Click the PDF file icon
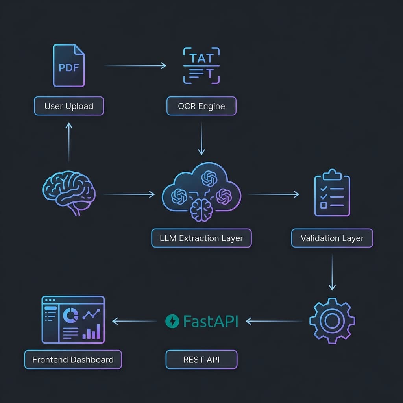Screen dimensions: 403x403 (69, 66)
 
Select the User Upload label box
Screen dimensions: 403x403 (69, 106)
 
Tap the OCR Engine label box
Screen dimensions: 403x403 (201, 106)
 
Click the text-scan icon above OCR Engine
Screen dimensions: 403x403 (201, 66)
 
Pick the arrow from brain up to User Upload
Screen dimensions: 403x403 (69, 142)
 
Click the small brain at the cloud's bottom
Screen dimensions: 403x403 (201, 209)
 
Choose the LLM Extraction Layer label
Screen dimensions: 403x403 (201, 238)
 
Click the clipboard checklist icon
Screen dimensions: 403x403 (332, 194)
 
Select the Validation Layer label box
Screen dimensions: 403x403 (332, 238)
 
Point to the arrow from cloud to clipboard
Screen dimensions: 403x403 (274, 194)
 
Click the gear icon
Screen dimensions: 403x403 (332, 321)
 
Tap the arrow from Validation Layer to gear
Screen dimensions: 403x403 (332, 272)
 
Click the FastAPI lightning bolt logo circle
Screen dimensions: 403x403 (172, 321)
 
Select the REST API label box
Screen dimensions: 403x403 (201, 359)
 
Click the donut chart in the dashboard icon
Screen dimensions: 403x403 (70, 314)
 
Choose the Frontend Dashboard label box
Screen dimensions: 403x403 (73, 359)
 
